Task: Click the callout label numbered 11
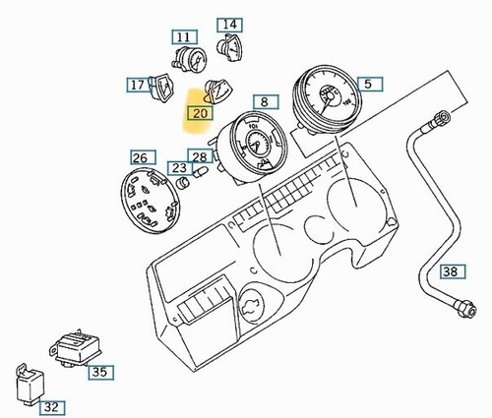click(184, 37)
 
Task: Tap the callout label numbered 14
click(230, 25)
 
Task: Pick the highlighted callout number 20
click(200, 113)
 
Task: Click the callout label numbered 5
click(370, 84)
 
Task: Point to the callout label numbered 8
click(266, 102)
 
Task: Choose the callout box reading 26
click(143, 157)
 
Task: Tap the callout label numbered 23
click(179, 168)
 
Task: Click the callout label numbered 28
click(200, 156)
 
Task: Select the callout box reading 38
click(453, 271)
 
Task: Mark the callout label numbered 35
click(100, 372)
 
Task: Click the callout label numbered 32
click(52, 407)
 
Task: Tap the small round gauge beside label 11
click(190, 59)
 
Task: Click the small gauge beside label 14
click(229, 47)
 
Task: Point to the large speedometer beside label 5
click(327, 99)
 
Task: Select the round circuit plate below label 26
click(151, 201)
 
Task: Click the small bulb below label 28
click(201, 172)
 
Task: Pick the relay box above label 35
click(77, 348)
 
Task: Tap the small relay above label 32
click(30, 384)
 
